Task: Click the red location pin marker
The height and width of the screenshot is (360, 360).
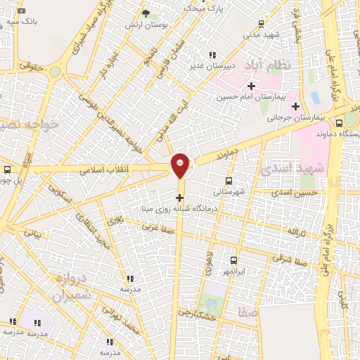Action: tap(181, 165)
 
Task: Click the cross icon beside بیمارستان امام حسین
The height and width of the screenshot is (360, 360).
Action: tap(251, 85)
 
